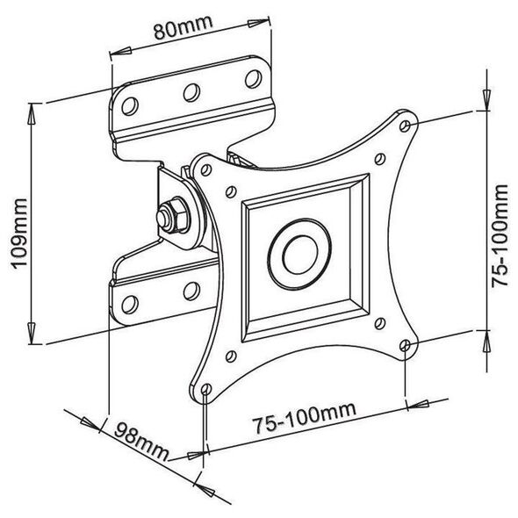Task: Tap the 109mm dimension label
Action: [x=19, y=234]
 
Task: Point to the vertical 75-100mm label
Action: [x=500, y=236]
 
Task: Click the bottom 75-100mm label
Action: [x=304, y=417]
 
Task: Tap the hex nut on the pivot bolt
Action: [x=175, y=215]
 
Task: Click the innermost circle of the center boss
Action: [x=300, y=255]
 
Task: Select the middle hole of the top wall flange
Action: [x=191, y=92]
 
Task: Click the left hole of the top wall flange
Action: [x=130, y=106]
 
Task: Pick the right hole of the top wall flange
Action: [x=254, y=79]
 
